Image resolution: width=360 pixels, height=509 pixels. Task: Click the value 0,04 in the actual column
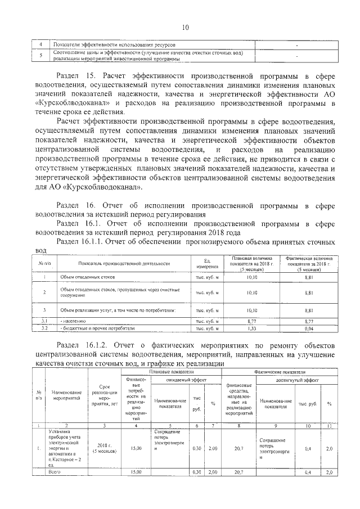point(309,328)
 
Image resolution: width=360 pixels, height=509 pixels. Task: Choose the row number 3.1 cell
point(43,321)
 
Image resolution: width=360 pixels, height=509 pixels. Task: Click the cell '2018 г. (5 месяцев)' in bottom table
point(105,448)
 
